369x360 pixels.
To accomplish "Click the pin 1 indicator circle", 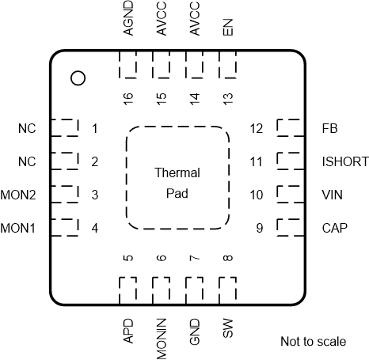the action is pyautogui.click(x=78, y=78).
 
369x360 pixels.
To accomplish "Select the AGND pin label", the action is pyautogui.click(x=128, y=18).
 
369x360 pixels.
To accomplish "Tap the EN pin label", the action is pyautogui.click(x=228, y=27).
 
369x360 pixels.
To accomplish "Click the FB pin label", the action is pyautogui.click(x=329, y=128).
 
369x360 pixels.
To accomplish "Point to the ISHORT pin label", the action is pyautogui.click(x=345, y=161).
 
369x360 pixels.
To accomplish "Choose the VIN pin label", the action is pyautogui.click(x=332, y=195).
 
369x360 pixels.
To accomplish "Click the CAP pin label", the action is pyautogui.click(x=334, y=228).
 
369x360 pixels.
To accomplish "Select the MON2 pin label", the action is pyautogui.click(x=18, y=195).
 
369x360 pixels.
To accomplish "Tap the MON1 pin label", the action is pyautogui.click(x=18, y=228).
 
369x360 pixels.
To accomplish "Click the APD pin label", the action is pyautogui.click(x=128, y=331).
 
